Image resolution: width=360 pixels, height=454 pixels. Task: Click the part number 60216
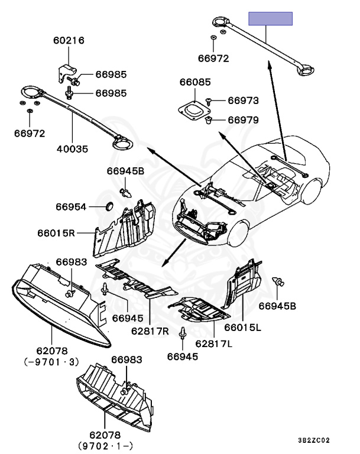tap(69, 41)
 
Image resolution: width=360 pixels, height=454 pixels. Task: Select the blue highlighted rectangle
tap(270, 18)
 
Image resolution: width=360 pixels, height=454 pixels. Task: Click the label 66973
tap(243, 101)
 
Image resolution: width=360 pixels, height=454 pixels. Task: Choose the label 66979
tap(243, 120)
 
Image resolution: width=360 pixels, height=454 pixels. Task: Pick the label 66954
tap(72, 207)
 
